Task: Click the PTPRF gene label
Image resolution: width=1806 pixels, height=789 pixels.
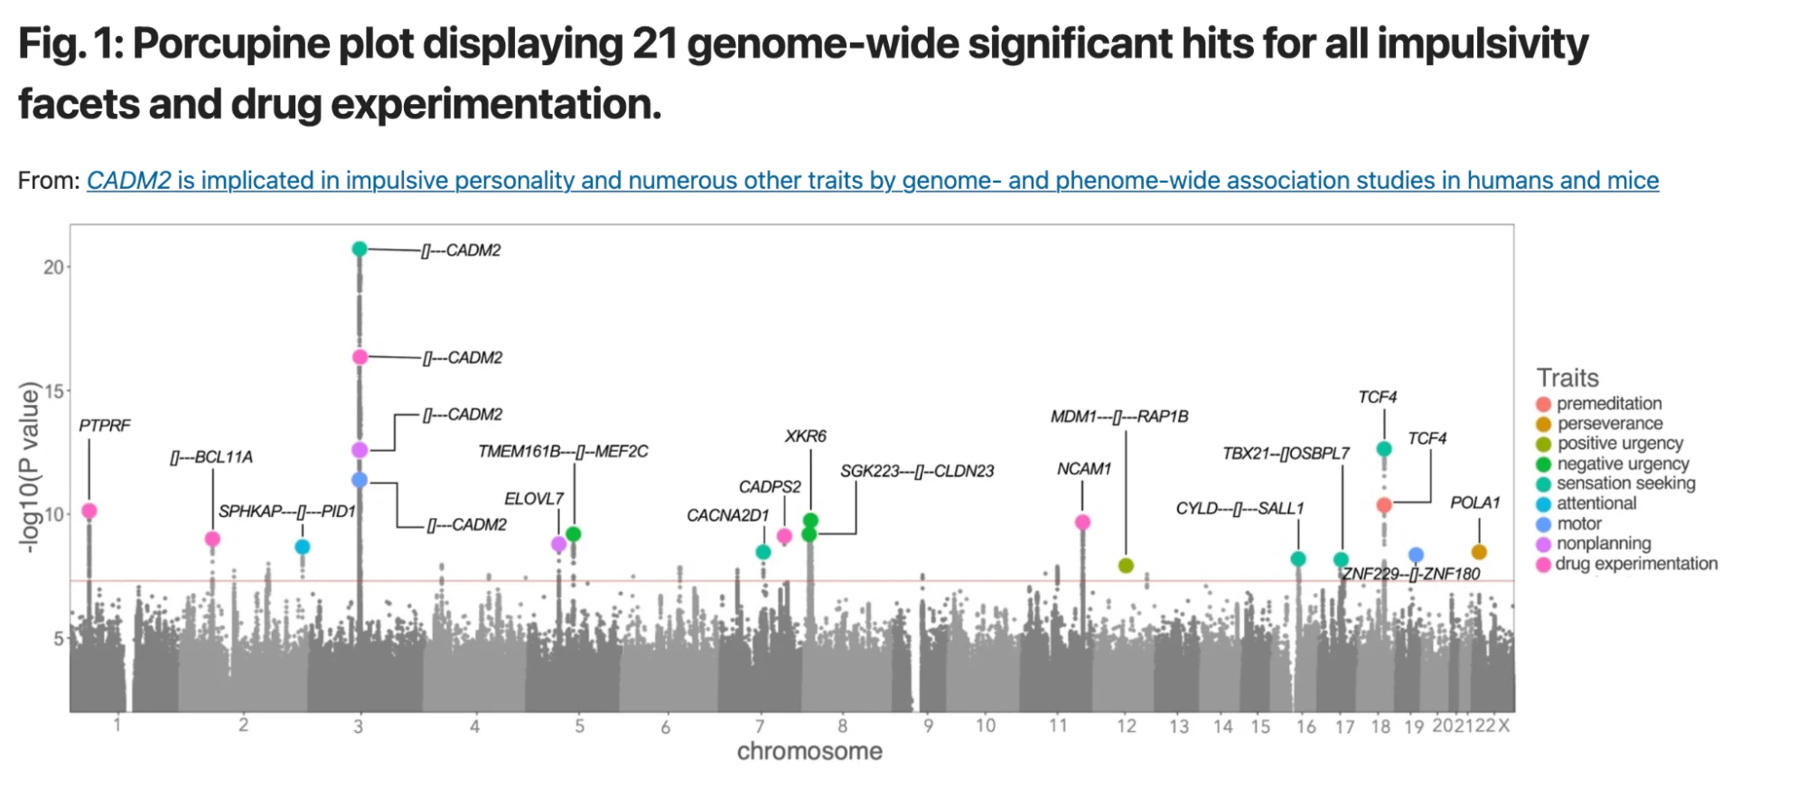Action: point(105,426)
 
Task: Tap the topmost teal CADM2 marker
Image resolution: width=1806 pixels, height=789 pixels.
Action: point(360,249)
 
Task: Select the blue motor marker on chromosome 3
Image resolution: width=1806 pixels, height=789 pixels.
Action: point(360,480)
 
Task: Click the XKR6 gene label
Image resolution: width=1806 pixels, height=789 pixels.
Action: point(805,437)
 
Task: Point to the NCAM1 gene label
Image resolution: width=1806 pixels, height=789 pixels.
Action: point(1083,469)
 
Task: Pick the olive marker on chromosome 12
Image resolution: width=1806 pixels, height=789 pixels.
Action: point(1126,566)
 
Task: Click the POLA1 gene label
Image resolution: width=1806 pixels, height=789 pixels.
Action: point(1474,503)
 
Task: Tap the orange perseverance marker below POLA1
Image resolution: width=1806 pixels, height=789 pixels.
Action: point(1479,552)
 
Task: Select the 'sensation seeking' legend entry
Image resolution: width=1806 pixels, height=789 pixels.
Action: point(1625,484)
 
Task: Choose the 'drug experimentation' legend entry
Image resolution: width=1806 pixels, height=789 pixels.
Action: point(1635,564)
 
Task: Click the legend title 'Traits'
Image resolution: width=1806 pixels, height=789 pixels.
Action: point(1567,378)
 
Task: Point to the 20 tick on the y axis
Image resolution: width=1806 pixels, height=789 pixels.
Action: point(53,268)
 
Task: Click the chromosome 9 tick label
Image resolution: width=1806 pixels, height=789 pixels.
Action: point(928,726)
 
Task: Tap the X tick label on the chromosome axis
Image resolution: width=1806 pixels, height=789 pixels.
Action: point(1503,726)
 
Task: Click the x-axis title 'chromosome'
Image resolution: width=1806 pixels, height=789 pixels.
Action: point(809,752)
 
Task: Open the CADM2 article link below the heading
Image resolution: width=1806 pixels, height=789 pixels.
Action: point(872,181)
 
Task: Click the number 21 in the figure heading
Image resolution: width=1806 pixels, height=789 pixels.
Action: point(654,44)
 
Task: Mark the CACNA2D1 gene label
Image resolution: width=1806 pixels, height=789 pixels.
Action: point(727,516)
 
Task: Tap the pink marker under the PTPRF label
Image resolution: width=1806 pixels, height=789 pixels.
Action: point(89,512)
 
